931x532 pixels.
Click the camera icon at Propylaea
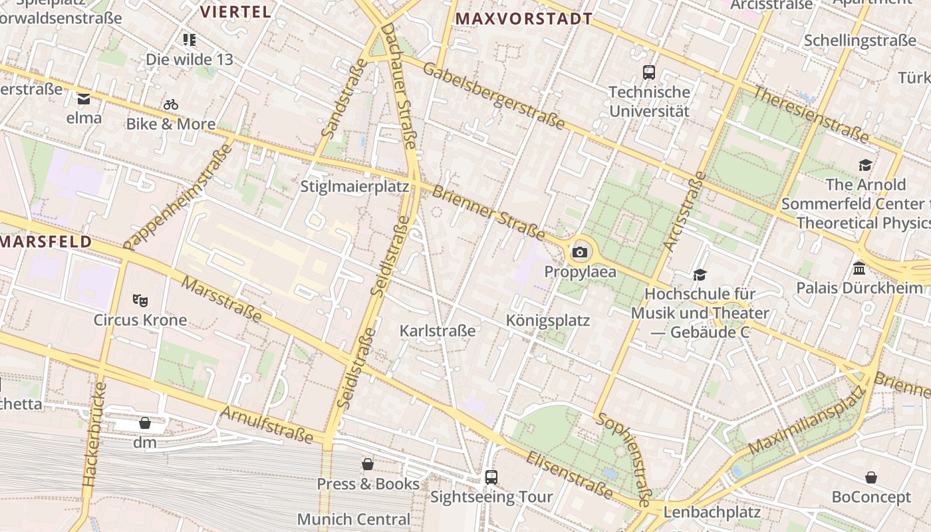click(x=580, y=252)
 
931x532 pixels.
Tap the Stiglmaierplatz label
click(x=354, y=186)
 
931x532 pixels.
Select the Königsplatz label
click(x=548, y=321)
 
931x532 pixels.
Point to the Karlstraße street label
click(x=438, y=331)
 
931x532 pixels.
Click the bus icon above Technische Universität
click(x=649, y=72)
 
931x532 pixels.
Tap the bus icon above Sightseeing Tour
click(x=491, y=477)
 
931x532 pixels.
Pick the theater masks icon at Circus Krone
click(x=140, y=300)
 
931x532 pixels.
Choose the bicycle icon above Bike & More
click(x=171, y=104)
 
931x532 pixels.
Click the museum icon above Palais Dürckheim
click(x=859, y=269)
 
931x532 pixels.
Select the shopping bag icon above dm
click(x=144, y=423)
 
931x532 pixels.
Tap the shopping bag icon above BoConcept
click(x=871, y=477)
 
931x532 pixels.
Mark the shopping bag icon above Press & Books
click(x=368, y=464)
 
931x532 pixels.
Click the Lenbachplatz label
click(x=712, y=512)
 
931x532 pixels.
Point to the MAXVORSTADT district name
click(x=524, y=19)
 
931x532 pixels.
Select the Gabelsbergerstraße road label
click(x=493, y=96)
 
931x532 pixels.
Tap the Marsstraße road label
click(x=221, y=300)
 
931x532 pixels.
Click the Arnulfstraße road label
click(x=266, y=424)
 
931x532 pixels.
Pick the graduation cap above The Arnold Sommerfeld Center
click(x=865, y=165)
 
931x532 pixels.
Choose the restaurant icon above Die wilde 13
click(x=190, y=40)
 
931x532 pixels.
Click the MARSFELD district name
click(x=45, y=241)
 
